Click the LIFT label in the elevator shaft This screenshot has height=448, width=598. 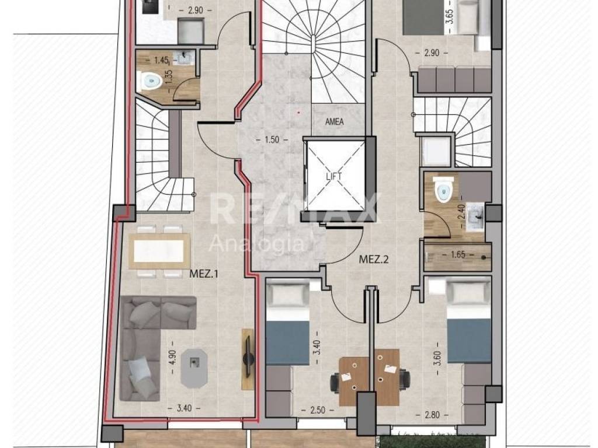[x=333, y=176]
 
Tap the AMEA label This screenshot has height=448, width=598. [x=334, y=122]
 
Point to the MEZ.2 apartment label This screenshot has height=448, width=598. [x=373, y=260]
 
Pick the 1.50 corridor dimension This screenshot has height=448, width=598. [x=272, y=140]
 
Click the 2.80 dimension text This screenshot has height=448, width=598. [x=432, y=415]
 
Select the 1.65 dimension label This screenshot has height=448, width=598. [x=458, y=254]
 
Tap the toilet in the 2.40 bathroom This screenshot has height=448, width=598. [x=443, y=190]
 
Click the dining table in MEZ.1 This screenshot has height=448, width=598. [x=159, y=251]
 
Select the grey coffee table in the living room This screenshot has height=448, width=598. [x=194, y=368]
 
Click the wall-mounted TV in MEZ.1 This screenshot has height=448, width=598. [x=248, y=359]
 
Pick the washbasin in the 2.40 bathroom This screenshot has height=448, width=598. [x=474, y=216]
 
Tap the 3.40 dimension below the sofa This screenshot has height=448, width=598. [x=184, y=408]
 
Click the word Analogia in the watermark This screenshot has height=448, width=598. [x=257, y=243]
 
